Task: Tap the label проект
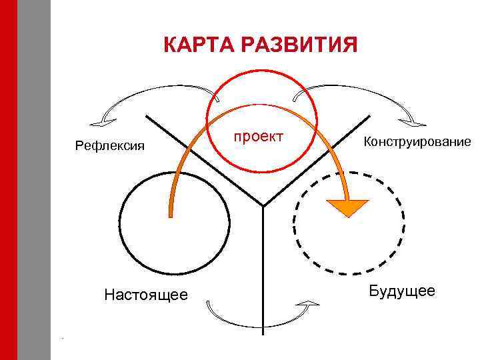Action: click(x=258, y=136)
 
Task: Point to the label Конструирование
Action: click(x=417, y=141)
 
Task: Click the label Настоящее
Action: click(x=146, y=294)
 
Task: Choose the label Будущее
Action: click(x=402, y=291)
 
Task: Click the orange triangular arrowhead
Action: click(x=347, y=207)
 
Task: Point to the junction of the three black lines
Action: click(x=263, y=205)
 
